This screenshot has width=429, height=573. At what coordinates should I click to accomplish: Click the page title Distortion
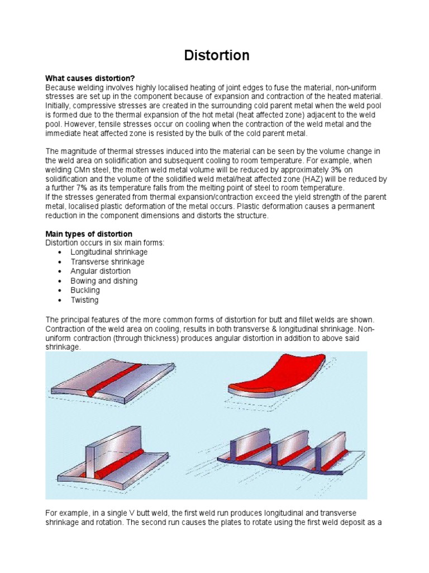tap(217, 55)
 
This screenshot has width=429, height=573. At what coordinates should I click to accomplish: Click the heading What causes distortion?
tap(90, 78)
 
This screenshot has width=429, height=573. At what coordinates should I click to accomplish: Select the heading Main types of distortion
tap(89, 233)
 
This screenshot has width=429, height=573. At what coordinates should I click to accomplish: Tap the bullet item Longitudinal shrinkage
tap(109, 252)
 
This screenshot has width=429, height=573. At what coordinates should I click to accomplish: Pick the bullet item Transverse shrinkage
tap(107, 262)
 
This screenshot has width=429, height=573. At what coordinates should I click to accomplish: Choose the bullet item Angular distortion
tap(101, 271)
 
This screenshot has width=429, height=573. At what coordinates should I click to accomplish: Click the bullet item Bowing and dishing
tap(104, 281)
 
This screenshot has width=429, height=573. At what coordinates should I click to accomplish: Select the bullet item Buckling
tap(85, 290)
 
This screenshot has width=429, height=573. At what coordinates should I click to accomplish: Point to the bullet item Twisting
tap(84, 300)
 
